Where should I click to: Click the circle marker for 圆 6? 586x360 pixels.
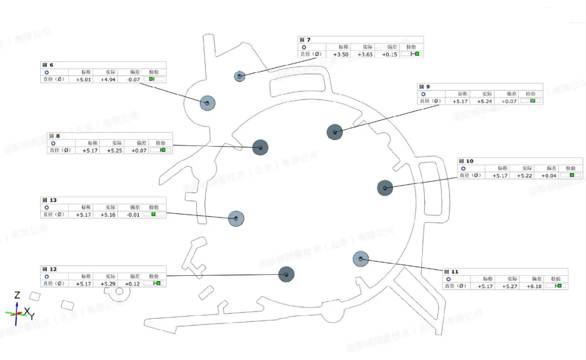tap(207, 103)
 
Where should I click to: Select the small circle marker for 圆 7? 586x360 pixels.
tap(239, 76)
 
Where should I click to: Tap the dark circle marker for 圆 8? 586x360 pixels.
tap(260, 147)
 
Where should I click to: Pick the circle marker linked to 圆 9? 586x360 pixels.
tap(335, 132)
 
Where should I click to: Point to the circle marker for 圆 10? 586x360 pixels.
tap(385, 188)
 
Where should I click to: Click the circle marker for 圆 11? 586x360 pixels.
tap(361, 259)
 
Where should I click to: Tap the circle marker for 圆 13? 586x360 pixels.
tap(236, 218)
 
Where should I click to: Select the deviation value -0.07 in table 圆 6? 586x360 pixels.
tap(133, 80)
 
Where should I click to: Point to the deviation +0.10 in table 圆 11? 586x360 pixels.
tap(534, 286)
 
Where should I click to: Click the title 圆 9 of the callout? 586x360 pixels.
tap(424, 87)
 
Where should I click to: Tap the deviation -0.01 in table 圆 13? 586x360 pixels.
tap(133, 215)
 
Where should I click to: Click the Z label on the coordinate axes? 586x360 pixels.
tap(17, 295)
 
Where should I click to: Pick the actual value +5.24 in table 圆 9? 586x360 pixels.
tap(485, 102)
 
